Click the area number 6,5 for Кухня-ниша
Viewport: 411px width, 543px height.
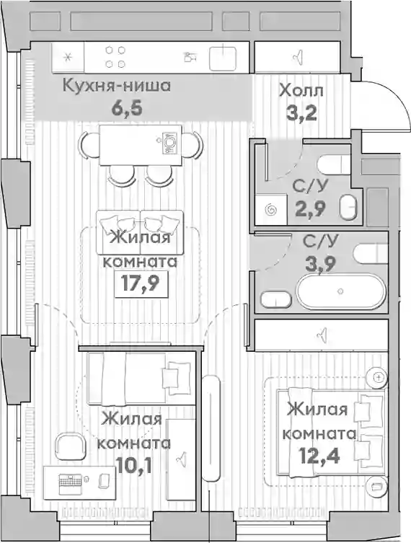click(126, 107)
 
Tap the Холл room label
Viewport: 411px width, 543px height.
click(301, 91)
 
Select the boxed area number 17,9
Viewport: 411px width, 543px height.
click(141, 284)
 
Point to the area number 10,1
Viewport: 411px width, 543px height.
click(133, 465)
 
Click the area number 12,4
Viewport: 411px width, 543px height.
click(320, 456)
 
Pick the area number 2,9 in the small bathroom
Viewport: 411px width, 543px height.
click(310, 208)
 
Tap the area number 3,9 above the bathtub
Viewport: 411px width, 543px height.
click(320, 264)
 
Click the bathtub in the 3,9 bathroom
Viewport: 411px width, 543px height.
click(341, 291)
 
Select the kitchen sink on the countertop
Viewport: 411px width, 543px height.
click(224, 56)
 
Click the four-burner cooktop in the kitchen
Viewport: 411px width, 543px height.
click(115, 57)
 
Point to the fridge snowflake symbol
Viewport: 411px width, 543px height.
click(68, 57)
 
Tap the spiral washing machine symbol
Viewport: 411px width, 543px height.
click(271, 210)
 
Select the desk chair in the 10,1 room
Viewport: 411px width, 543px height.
click(71, 446)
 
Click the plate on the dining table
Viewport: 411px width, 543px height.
click(170, 143)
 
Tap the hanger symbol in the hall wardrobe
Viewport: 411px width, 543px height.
click(298, 57)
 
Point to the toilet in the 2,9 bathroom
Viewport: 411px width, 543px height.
click(335, 164)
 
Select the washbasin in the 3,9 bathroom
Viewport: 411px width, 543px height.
click(276, 299)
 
